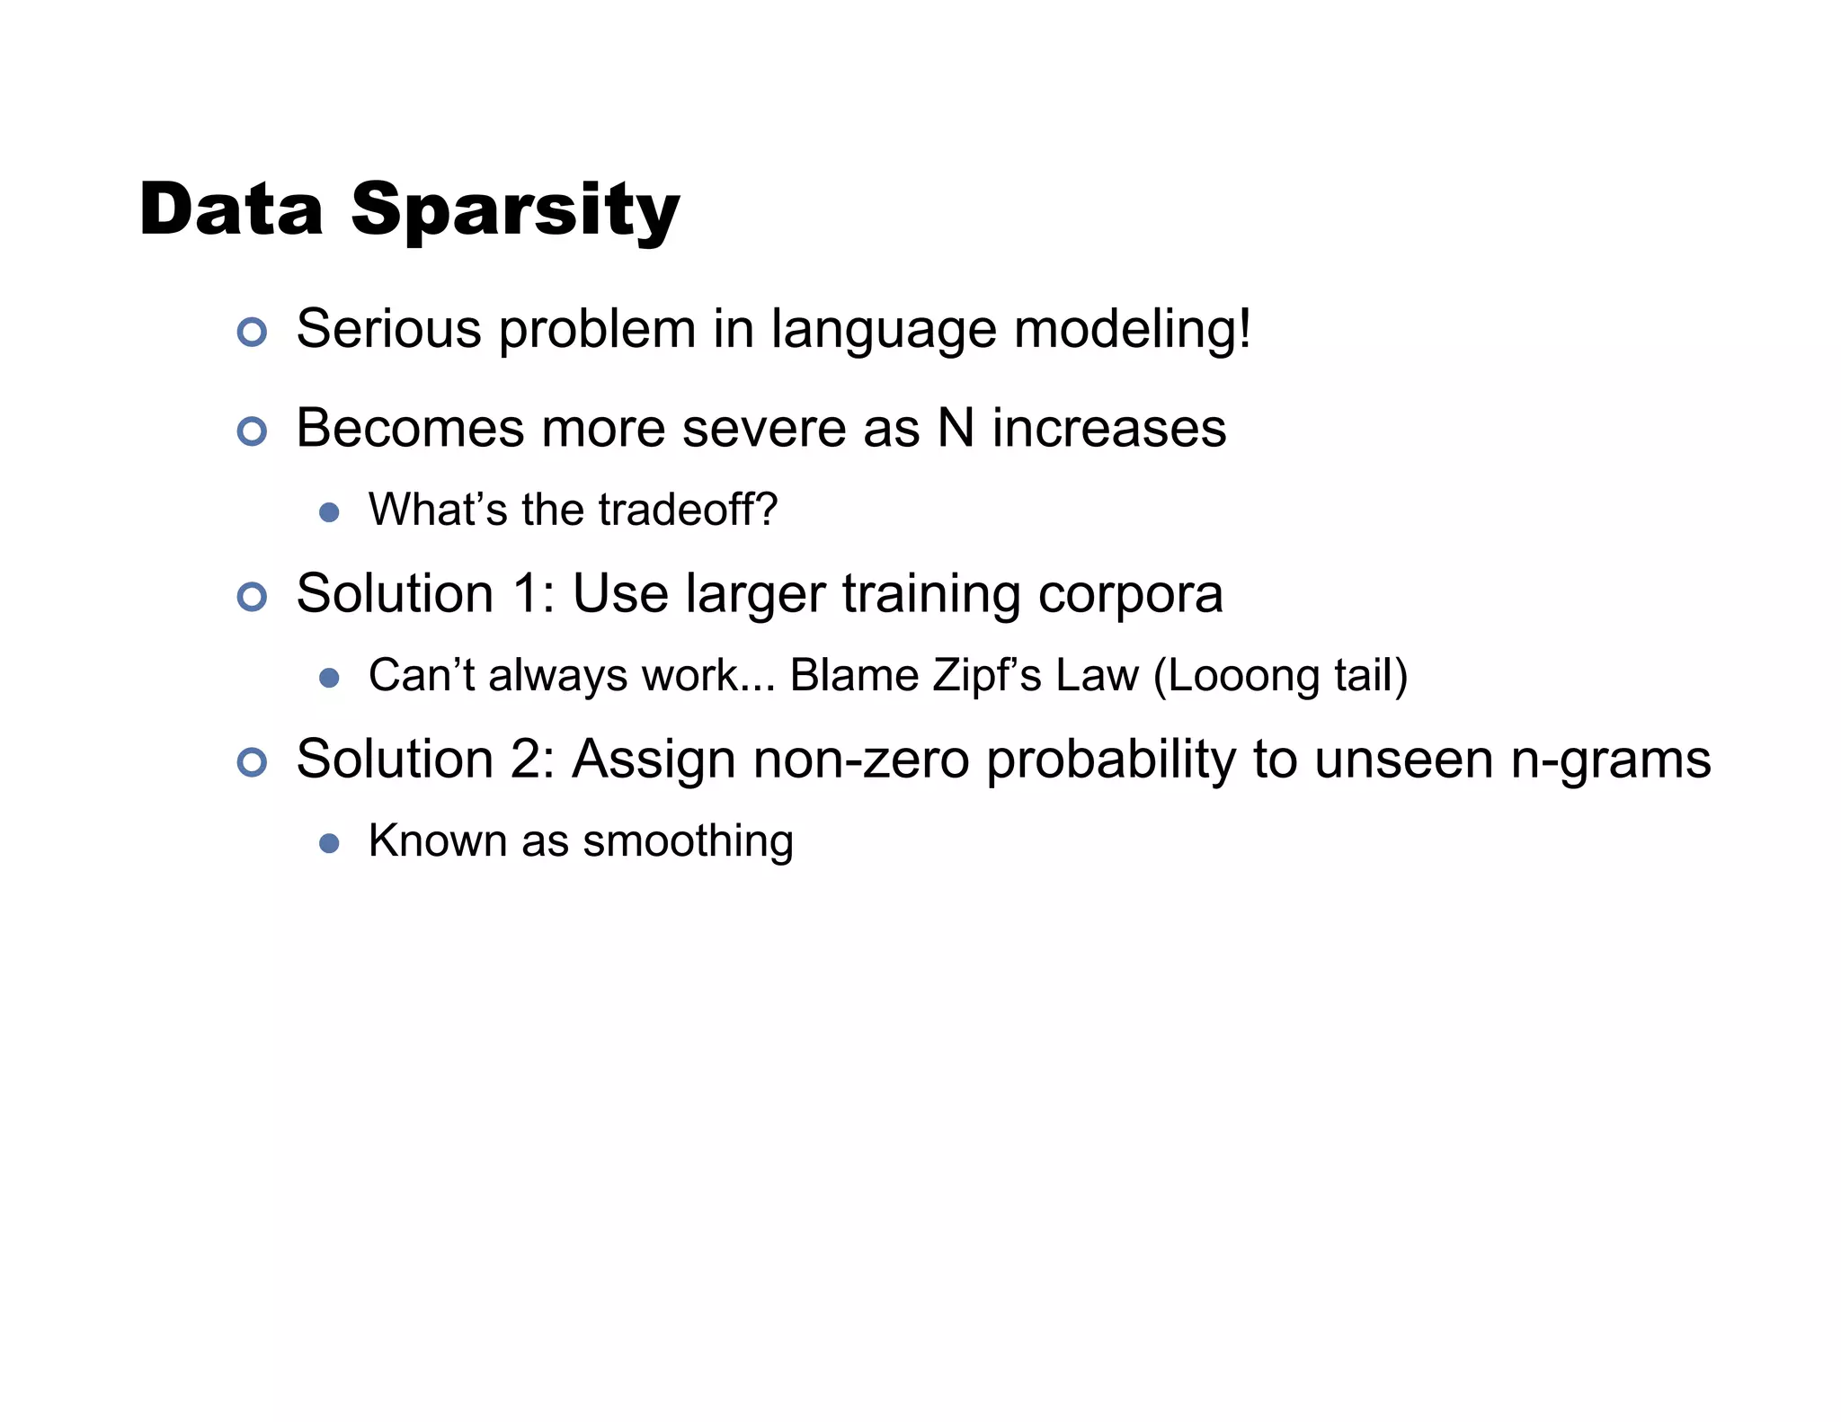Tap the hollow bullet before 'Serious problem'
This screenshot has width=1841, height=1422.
(x=252, y=332)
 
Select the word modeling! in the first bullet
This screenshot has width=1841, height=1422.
(x=1133, y=330)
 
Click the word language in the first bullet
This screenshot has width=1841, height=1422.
(x=884, y=330)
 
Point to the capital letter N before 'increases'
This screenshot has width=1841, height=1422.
(x=956, y=428)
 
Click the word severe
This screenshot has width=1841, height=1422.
(x=763, y=429)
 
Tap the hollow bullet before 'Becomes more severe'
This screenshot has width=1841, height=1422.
(x=252, y=431)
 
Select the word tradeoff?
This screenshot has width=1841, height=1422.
(x=688, y=510)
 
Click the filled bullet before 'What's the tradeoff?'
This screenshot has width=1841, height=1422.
(x=329, y=512)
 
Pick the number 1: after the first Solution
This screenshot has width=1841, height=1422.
(x=534, y=594)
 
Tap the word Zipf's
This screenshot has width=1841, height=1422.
(x=986, y=675)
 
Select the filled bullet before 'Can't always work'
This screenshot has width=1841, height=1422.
(x=329, y=678)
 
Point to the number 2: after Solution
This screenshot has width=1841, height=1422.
(x=534, y=760)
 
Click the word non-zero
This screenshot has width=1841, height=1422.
(x=861, y=760)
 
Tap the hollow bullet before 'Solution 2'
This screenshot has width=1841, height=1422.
(x=252, y=762)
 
